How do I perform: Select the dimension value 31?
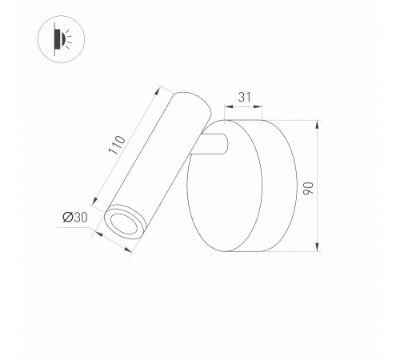click(244, 98)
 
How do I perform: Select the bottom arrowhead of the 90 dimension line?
click(318, 249)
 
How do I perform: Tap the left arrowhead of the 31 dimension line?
click(228, 109)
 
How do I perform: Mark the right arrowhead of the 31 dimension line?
click(261, 109)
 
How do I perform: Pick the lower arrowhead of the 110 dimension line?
click(96, 203)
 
